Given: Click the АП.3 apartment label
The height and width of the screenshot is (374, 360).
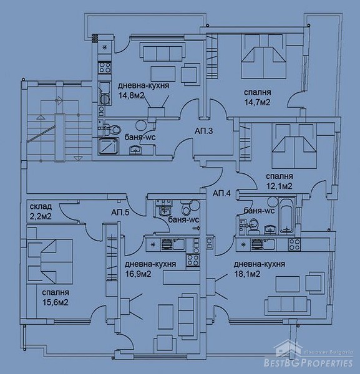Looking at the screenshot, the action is pos(203,131).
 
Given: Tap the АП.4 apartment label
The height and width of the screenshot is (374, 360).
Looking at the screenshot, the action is pos(221,193).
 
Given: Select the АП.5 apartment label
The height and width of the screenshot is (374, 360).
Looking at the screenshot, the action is pos(120,213).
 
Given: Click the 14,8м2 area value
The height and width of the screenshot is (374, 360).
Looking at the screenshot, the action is pos(132,95).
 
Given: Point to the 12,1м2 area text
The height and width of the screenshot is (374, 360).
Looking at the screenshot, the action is pos(279,186).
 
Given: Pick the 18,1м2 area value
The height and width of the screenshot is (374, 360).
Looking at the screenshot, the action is pos(247,274).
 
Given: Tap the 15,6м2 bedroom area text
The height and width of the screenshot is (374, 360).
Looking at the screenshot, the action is pos(56,302).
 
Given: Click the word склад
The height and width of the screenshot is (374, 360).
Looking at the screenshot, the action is pos(41,206).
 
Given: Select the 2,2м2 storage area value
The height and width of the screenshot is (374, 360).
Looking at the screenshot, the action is pos(41,216).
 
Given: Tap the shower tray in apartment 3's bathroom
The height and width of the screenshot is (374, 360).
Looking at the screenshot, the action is pos(109,146).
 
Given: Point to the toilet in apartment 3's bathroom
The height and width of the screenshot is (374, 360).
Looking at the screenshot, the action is pos(112,129).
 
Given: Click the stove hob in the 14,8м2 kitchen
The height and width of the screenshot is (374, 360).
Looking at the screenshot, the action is pos(105,67).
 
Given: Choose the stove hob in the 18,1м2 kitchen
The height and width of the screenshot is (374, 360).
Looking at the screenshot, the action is pos(294,245).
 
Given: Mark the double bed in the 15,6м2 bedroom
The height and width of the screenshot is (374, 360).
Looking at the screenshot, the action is pos(50,262).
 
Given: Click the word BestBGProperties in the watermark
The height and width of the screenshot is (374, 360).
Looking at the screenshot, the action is pos(308,363).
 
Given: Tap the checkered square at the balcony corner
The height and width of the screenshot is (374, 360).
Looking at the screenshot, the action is pos(95,38).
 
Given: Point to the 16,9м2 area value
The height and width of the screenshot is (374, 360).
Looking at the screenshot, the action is pos(138,274).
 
